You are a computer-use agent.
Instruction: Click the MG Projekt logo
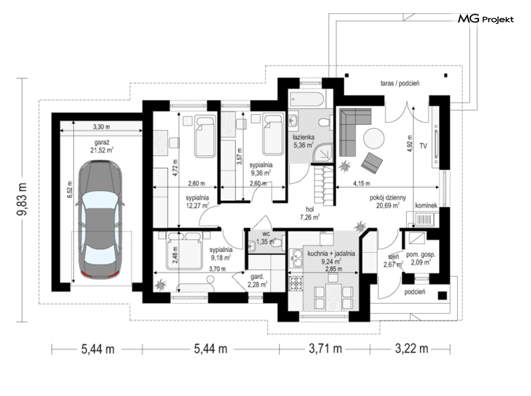point(486,19)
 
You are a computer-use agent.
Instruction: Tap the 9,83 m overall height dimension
point(22,199)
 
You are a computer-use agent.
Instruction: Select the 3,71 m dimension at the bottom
point(325,349)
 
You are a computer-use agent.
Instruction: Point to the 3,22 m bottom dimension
point(411,349)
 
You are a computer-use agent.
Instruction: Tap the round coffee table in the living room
point(374,138)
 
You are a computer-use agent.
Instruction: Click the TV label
point(423,146)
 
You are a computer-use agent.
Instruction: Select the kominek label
point(426,205)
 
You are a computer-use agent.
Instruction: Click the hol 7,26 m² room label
point(310,213)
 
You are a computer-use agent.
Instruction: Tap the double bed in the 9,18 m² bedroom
point(184,250)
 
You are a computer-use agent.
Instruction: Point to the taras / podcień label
point(400,83)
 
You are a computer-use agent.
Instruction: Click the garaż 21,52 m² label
point(101,147)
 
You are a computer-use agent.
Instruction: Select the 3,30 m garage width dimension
point(101,127)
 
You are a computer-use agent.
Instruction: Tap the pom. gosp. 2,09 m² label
point(421,258)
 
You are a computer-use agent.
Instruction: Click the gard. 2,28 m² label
point(257,281)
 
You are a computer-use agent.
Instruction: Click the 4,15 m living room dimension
point(362,183)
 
